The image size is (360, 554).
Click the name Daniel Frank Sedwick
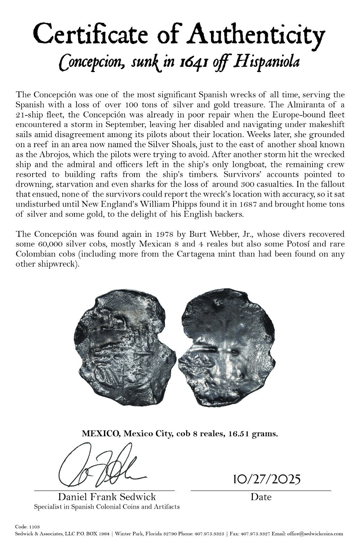click(x=107, y=497)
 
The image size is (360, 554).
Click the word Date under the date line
click(x=261, y=497)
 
